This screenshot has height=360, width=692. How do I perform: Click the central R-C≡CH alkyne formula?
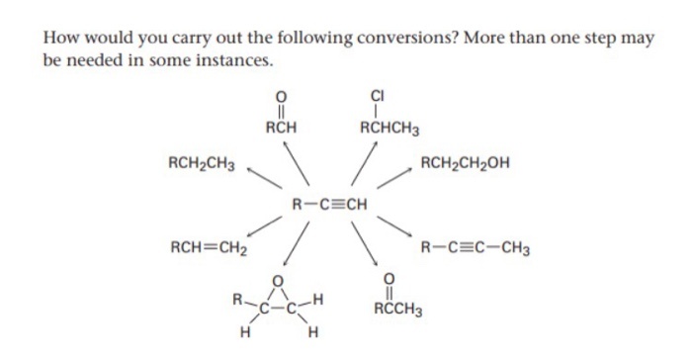(x=330, y=206)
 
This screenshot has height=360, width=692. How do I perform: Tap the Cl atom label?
(x=379, y=95)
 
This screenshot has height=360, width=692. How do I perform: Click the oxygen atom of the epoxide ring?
(x=280, y=282)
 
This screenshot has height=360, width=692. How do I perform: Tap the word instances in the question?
(x=231, y=61)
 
